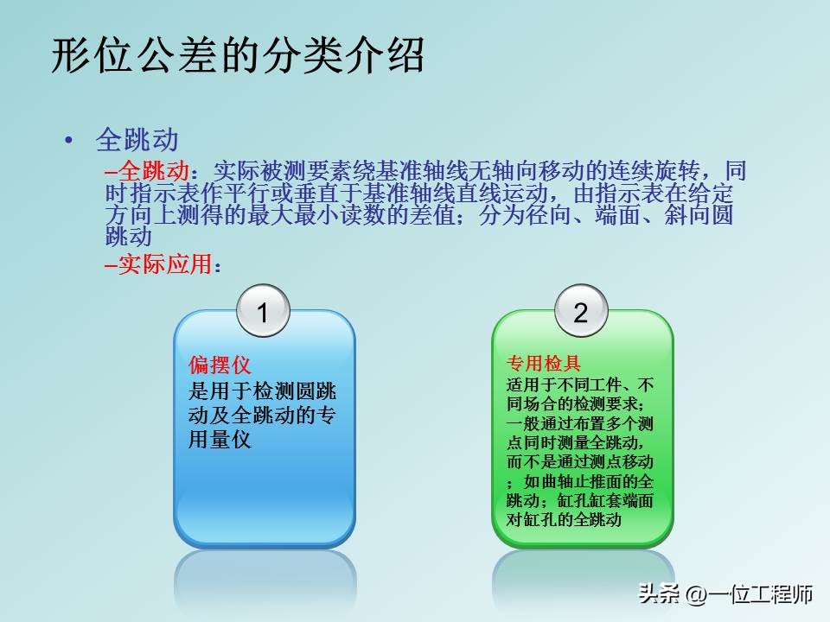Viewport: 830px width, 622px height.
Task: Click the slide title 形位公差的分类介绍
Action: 239,57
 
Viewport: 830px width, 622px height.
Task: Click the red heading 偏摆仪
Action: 220,365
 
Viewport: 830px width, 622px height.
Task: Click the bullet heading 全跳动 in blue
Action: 137,140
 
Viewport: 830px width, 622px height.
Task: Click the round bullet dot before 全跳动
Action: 69,141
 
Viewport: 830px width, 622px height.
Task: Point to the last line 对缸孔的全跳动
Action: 564,521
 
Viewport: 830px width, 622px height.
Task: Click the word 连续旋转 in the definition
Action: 654,168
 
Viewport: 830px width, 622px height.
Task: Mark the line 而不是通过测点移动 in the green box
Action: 579,462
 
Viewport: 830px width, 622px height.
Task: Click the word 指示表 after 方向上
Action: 623,191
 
